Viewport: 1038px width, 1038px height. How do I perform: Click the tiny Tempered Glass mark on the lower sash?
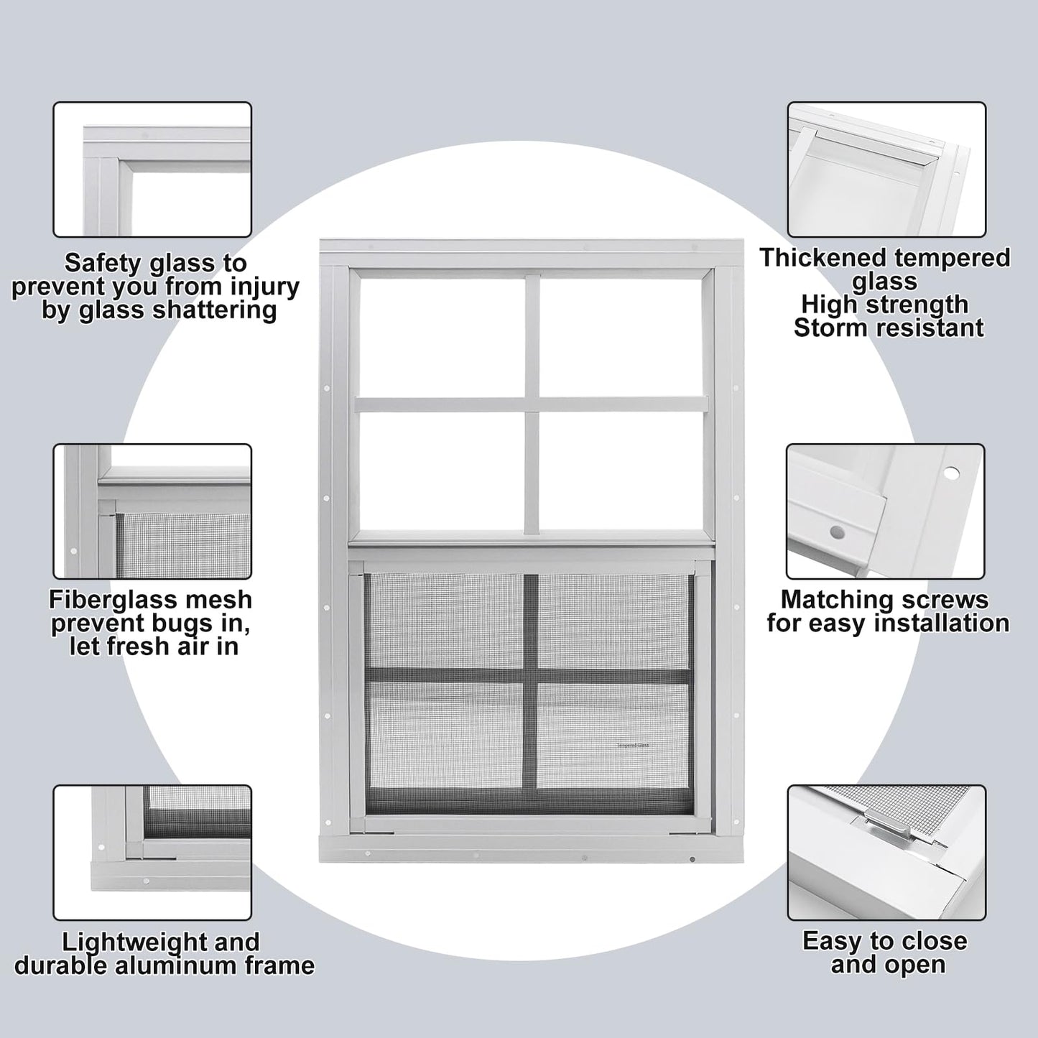tap(632, 746)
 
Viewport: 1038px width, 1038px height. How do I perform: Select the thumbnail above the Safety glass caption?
tap(152, 170)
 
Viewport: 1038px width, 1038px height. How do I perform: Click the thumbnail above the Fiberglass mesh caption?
tap(152, 511)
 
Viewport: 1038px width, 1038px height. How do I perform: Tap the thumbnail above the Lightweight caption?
tap(152, 853)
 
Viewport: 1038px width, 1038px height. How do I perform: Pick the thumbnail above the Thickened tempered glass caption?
tap(886, 170)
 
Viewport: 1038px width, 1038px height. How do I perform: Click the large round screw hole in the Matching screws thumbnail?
tap(951, 473)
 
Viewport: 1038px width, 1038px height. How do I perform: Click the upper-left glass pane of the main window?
tap(440, 337)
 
